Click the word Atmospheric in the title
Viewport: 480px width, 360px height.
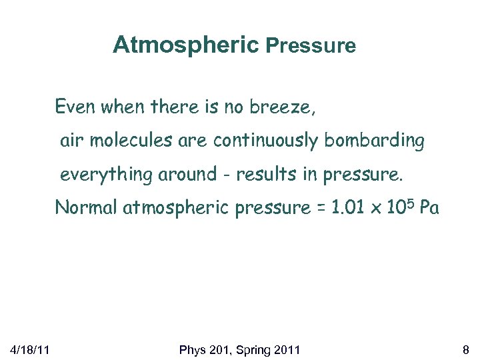point(185,45)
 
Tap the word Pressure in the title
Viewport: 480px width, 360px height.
point(311,46)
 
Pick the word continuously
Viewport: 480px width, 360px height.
point(267,141)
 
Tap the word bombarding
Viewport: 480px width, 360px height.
point(375,141)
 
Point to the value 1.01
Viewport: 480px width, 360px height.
point(341,208)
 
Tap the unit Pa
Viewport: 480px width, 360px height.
point(430,208)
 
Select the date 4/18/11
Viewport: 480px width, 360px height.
point(27,350)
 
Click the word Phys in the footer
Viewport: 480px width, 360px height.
point(195,350)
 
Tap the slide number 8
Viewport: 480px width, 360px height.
point(465,350)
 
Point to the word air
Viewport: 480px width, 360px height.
point(73,141)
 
